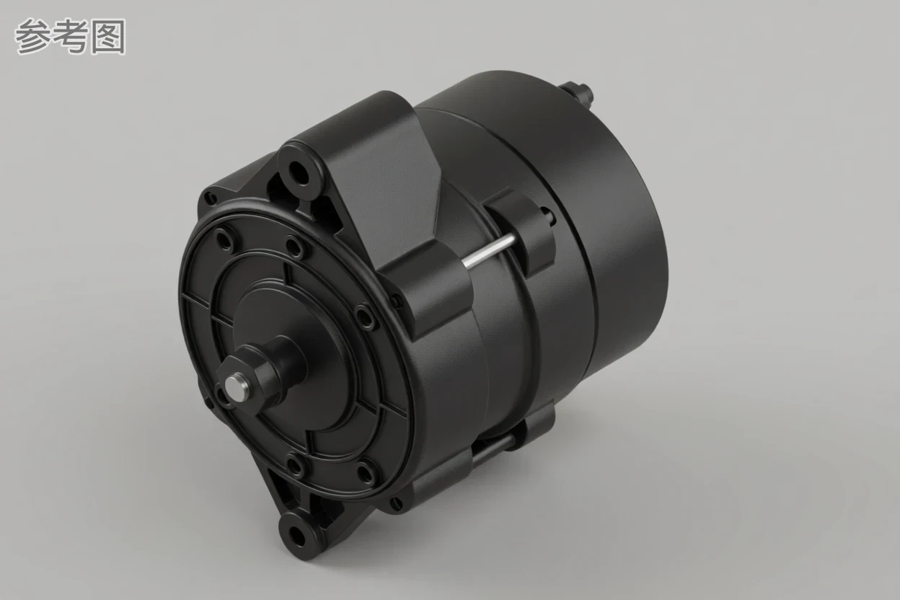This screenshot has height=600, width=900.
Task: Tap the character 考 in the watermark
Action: coord(71,37)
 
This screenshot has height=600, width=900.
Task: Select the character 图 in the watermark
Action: coord(107,37)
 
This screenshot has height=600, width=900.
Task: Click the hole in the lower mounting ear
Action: coord(297,535)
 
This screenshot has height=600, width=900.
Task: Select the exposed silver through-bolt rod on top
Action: coord(488,251)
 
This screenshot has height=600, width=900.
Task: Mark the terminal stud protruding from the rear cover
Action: coord(578,93)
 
